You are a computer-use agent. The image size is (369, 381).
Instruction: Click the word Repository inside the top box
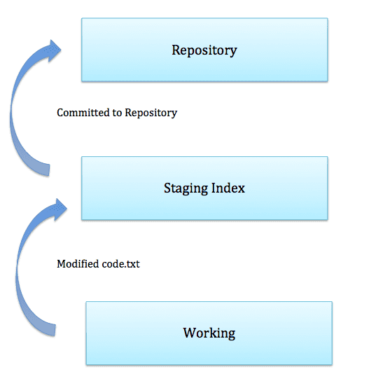204,50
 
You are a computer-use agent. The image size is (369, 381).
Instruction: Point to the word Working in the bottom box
209,333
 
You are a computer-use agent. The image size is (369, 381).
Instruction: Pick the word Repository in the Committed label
151,113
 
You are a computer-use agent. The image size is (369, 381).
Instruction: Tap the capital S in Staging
167,188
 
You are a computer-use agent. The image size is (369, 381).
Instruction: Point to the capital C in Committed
60,113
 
